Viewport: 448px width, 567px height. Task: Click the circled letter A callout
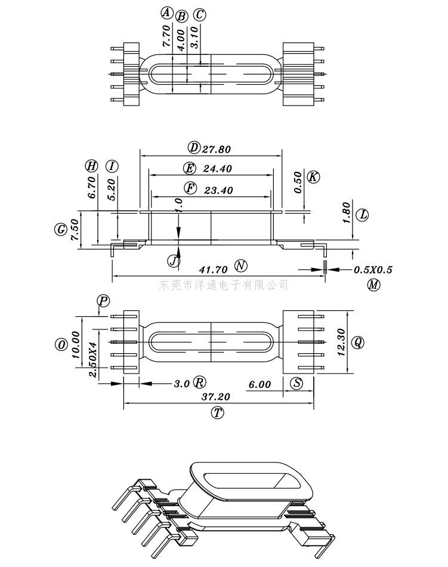tap(166, 13)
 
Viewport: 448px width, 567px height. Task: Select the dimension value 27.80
tap(217, 149)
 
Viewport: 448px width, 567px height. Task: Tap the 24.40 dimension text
tap(218, 168)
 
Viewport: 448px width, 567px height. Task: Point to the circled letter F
tap(190, 188)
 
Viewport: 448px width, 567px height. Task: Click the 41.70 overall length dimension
tap(213, 269)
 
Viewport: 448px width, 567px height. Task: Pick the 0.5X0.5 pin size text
tap(373, 270)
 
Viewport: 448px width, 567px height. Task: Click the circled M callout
tap(373, 285)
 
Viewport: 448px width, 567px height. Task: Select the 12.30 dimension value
tap(341, 342)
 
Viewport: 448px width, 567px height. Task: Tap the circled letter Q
tap(358, 342)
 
